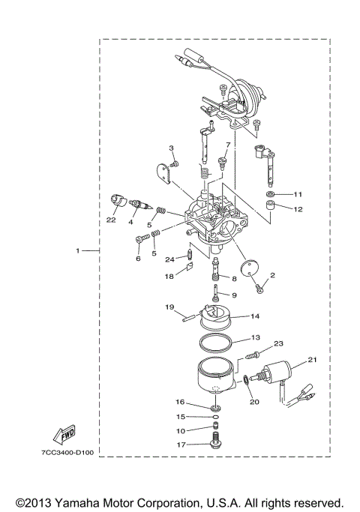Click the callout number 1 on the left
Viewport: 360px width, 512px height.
click(78, 250)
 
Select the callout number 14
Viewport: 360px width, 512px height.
click(255, 316)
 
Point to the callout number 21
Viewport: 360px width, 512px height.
click(312, 360)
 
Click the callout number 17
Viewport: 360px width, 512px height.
click(180, 445)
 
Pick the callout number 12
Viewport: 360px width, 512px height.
click(298, 209)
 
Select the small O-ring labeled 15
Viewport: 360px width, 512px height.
click(215, 417)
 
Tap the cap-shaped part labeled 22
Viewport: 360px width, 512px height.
click(117, 199)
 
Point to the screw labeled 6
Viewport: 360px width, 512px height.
click(140, 241)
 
